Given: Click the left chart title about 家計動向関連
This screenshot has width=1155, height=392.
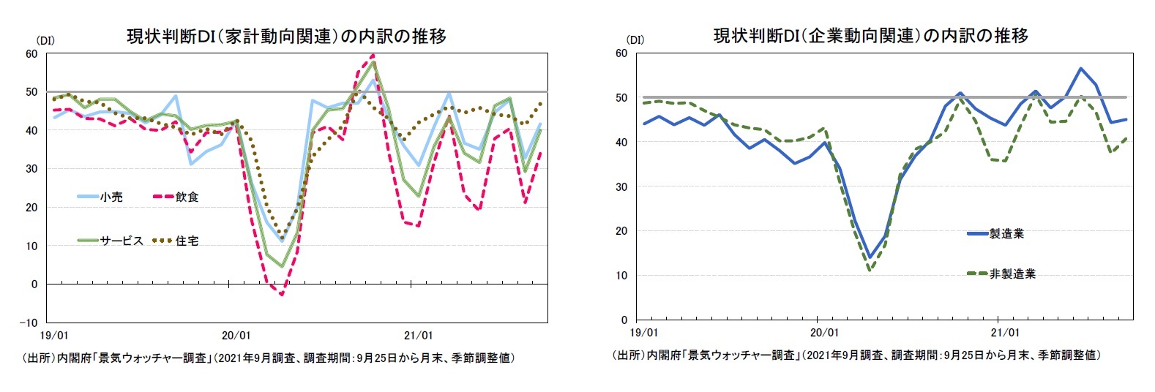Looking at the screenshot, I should click(286, 37).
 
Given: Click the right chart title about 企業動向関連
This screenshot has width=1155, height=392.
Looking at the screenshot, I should click(870, 36).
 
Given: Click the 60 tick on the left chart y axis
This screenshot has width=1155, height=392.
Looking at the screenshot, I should click(31, 53).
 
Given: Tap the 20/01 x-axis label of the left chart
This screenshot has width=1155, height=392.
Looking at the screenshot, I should click(236, 336).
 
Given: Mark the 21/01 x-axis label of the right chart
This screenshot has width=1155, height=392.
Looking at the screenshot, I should click(1004, 333).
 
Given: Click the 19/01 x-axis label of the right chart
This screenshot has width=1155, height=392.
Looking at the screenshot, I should click(644, 333).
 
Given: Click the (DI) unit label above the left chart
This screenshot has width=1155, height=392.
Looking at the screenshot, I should click(45, 40).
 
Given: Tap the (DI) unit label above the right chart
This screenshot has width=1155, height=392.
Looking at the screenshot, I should click(635, 39).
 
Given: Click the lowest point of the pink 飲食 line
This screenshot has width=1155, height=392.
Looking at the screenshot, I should click(282, 295).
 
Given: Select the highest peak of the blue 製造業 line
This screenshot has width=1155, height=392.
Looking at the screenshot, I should click(1080, 69).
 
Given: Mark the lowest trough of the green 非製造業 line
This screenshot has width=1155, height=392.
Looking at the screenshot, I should click(870, 270).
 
